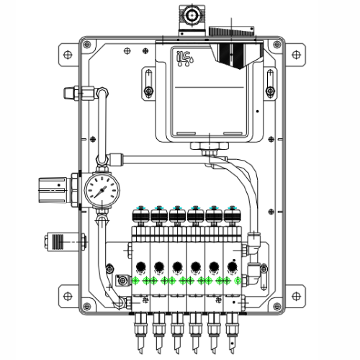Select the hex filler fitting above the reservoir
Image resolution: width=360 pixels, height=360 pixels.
click(192, 14)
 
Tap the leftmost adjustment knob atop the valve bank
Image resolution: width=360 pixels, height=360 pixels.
click(139, 213)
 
